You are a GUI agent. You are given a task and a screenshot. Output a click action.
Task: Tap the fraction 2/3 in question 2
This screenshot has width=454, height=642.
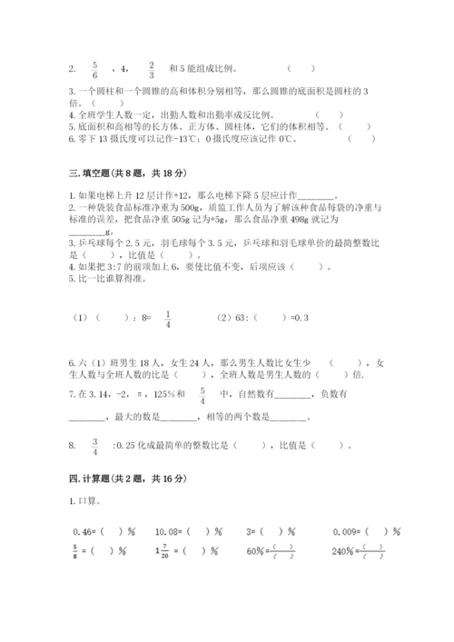[152, 67]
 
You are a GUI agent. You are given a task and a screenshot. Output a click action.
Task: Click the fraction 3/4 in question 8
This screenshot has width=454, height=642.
[94, 446]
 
